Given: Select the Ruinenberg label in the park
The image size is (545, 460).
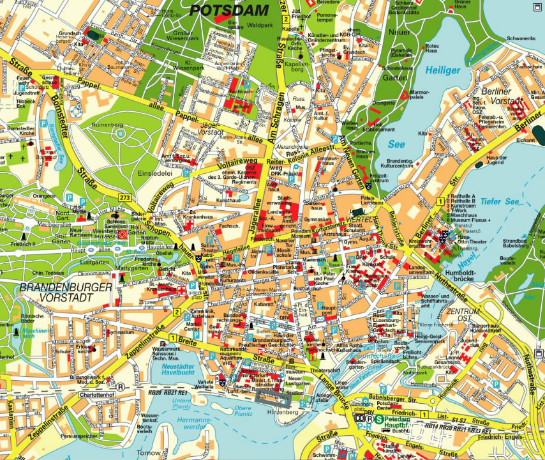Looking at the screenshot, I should (x=107, y=126).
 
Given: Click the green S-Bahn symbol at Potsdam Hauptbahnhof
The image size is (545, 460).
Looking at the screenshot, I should (x=379, y=418).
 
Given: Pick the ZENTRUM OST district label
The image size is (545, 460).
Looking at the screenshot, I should (x=463, y=314).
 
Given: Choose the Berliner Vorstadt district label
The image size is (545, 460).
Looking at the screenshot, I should (x=503, y=95).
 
